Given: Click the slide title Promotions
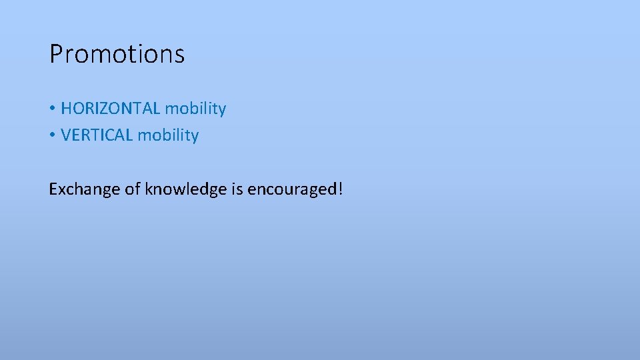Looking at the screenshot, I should point(117,54).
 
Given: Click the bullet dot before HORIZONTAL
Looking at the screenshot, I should point(52,109).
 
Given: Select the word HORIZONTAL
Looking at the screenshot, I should point(111,109).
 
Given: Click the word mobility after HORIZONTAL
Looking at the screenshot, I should point(195,109).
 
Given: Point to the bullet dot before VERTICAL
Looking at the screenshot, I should point(52,135).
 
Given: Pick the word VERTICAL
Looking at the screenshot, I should point(97,135).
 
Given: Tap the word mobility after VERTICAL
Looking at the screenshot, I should point(168,135).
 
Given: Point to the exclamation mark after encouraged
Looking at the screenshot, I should point(341,189).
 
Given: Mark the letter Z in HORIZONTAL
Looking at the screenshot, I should point(106,109).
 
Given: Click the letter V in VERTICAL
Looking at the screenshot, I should point(65,135).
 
